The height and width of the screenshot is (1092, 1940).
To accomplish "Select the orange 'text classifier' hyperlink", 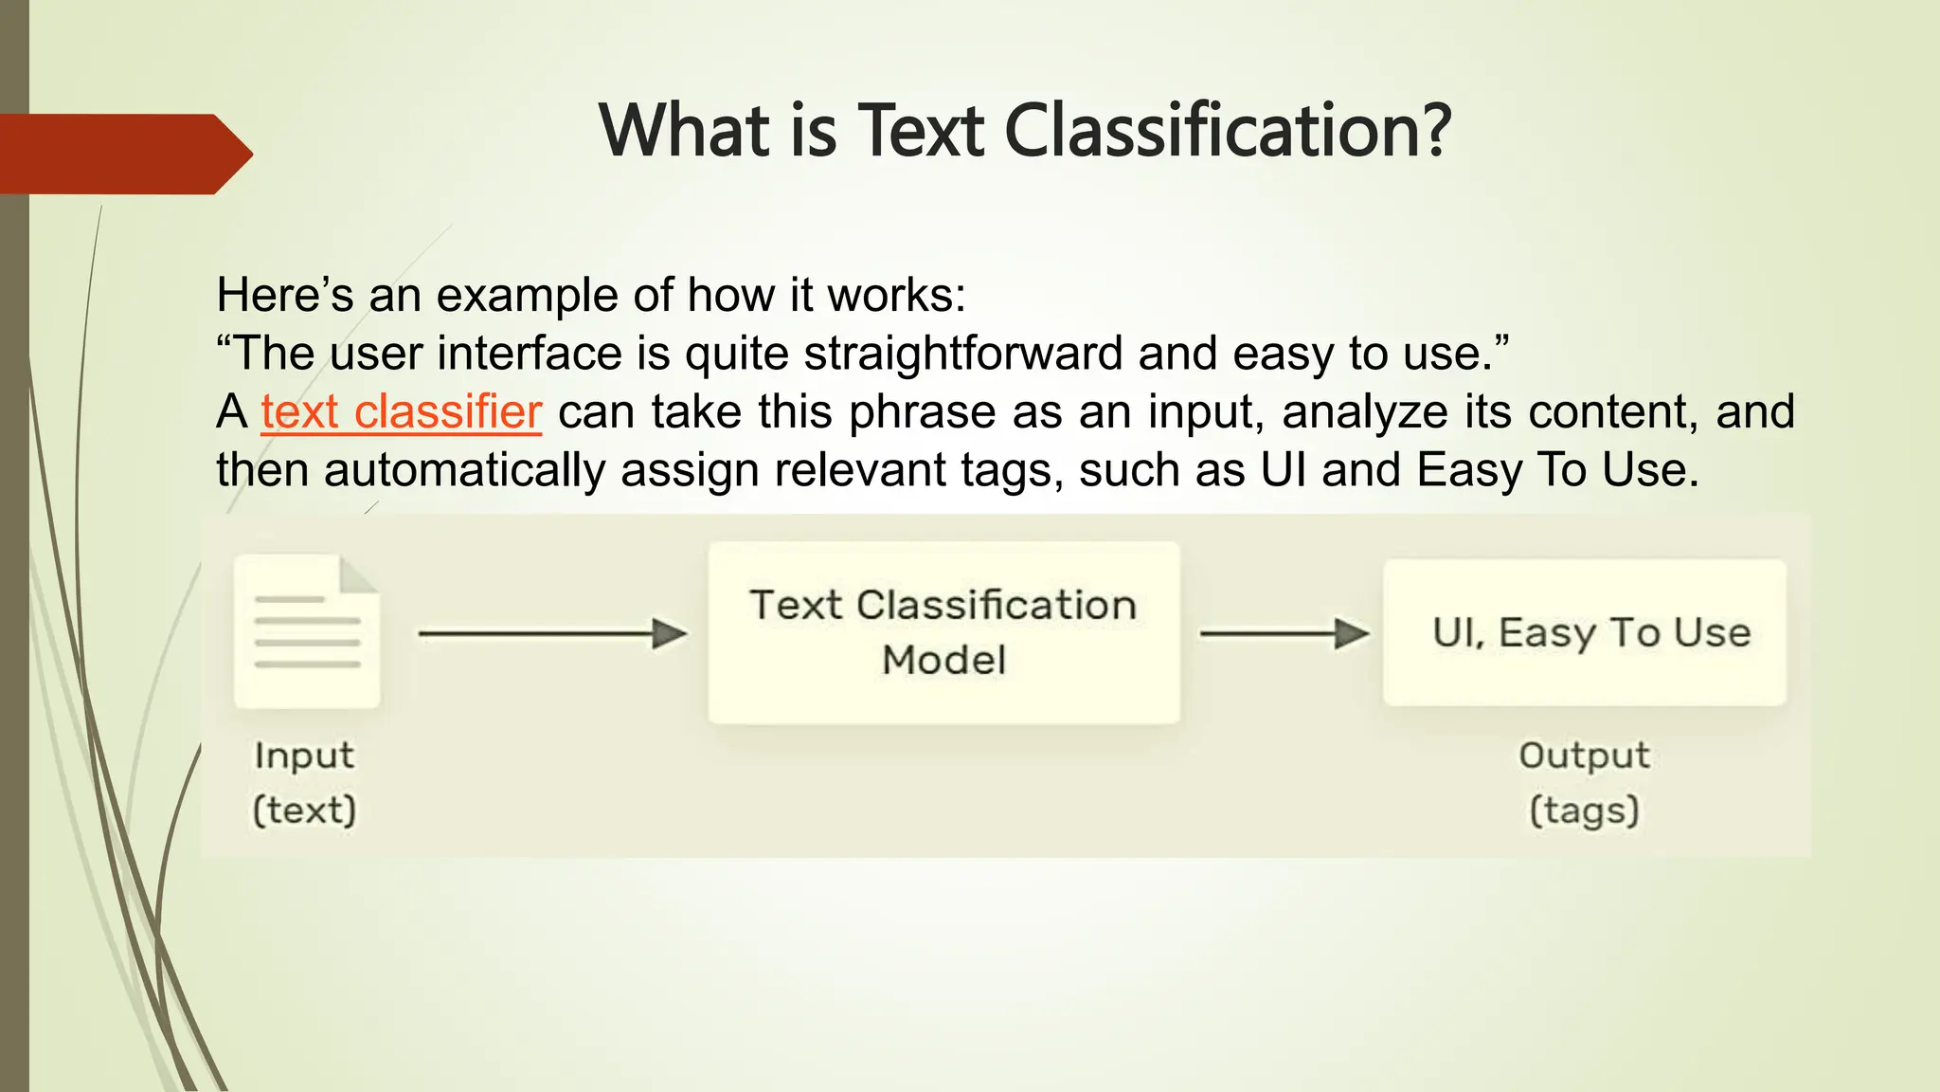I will click(x=401, y=412).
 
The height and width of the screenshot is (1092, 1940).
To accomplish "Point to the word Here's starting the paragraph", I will click(x=284, y=295).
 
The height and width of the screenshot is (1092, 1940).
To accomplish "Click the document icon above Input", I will click(x=307, y=630).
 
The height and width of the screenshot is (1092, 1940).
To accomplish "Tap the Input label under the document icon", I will click(x=304, y=755).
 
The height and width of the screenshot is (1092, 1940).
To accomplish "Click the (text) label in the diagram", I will click(x=304, y=810).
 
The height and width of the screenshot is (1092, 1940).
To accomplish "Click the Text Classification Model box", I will click(x=943, y=632).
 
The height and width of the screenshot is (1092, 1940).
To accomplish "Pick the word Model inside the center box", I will click(x=943, y=661).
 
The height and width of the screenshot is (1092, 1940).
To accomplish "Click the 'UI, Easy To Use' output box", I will click(x=1585, y=632).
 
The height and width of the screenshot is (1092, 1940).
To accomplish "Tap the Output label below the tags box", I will click(x=1584, y=755).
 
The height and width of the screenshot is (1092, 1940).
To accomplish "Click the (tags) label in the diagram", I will click(x=1584, y=810).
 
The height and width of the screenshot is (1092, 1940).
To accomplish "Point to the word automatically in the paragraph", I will click(x=464, y=470).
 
